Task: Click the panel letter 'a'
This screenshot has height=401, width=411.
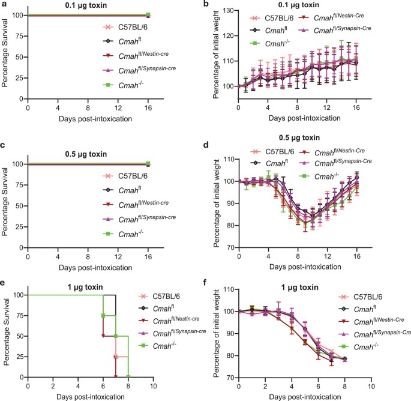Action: coord(4,5)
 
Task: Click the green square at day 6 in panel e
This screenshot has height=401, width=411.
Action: coord(103,315)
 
